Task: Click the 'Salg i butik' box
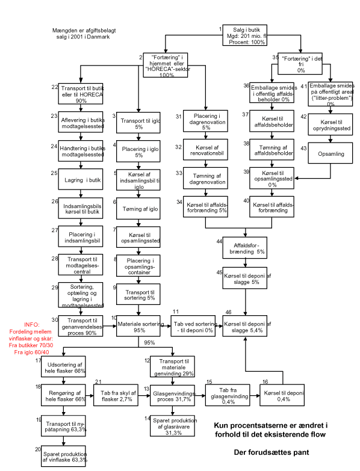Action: (244, 35)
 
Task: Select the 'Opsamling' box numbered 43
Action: (331, 153)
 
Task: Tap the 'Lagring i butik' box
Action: (81, 179)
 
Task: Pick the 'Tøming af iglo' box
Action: (138, 209)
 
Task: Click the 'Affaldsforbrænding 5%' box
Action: (244, 248)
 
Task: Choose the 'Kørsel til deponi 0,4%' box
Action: (282, 395)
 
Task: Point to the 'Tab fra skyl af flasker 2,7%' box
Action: (116, 395)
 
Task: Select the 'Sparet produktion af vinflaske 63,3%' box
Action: (63, 456)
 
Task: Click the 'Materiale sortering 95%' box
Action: (138, 326)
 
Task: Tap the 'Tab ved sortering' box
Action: (193, 326)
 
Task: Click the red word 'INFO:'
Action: (32, 325)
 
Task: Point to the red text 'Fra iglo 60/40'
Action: (31, 352)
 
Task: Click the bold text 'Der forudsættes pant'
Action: (272, 452)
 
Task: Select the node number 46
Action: (228, 312)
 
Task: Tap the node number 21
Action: (98, 382)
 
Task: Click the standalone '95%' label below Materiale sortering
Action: (149, 343)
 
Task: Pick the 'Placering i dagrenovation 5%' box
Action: (205, 121)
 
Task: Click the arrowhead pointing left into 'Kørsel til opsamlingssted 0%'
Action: (296, 179)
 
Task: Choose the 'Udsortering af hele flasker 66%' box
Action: (63, 366)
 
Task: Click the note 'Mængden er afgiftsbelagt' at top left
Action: (84, 30)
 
